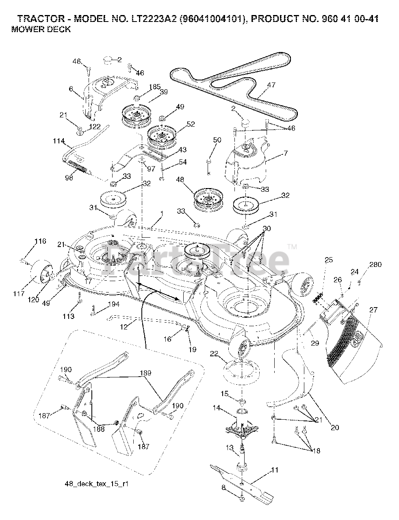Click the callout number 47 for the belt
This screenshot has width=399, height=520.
click(271, 85)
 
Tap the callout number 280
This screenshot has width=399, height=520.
click(375, 265)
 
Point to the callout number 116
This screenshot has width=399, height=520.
click(40, 241)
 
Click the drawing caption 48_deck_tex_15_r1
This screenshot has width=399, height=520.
click(99, 484)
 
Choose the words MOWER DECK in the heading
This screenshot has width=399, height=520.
click(41, 29)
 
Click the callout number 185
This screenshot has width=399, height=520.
click(155, 87)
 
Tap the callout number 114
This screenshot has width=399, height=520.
click(59, 141)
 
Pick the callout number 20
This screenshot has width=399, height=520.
click(335, 427)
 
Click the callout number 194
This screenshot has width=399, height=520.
click(114, 304)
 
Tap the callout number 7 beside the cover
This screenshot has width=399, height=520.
click(285, 153)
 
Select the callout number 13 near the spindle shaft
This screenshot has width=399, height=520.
click(230, 448)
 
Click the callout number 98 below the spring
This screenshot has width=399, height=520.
click(69, 178)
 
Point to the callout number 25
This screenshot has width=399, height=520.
click(329, 260)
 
